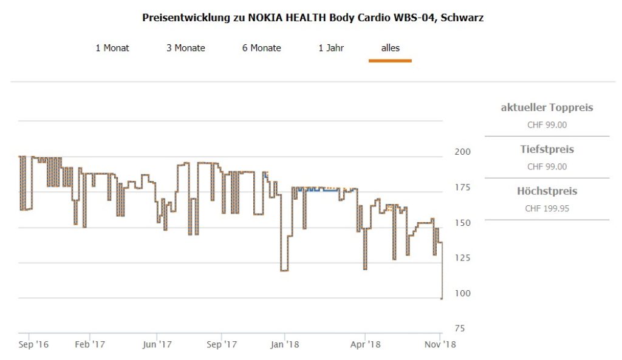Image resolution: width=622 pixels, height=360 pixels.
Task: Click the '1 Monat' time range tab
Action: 112,48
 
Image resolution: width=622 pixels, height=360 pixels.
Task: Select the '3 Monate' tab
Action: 186,48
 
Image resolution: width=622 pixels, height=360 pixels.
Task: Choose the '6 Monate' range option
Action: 262,48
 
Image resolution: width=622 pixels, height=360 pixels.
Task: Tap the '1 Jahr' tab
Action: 331,48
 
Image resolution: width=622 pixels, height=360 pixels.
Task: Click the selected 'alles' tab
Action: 390,48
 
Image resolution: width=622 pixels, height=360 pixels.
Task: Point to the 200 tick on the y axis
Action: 463,152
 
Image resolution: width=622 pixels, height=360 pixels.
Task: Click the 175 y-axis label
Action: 462,188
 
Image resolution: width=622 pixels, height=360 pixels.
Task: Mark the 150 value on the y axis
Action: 462,223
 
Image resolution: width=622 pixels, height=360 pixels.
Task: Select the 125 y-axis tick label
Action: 462,258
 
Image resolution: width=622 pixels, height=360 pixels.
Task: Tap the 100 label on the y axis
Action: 462,293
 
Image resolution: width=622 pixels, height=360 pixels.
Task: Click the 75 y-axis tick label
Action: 460,328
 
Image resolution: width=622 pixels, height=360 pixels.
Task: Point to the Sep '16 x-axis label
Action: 34,345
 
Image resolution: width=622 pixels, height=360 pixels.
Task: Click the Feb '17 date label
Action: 90,345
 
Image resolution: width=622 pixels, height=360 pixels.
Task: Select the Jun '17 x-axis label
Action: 157,345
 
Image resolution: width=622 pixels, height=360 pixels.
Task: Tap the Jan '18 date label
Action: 285,345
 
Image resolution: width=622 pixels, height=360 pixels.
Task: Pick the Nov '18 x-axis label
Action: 439,345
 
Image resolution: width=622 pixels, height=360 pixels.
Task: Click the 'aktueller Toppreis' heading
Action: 547,108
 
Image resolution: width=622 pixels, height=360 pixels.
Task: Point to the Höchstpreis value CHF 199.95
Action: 547,208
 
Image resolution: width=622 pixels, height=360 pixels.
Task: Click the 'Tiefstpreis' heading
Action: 547,149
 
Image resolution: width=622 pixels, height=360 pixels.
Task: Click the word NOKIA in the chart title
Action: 265,18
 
